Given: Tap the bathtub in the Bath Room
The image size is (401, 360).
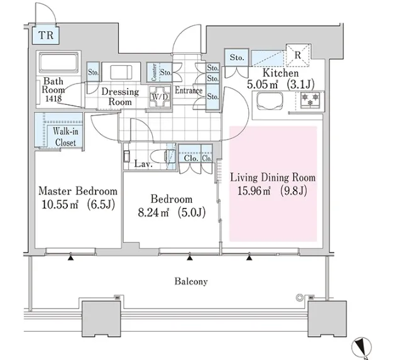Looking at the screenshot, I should [x=58, y=64].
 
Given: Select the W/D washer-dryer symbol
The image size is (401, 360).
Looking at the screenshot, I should [x=157, y=97].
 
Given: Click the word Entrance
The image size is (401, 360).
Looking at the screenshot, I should [x=189, y=91].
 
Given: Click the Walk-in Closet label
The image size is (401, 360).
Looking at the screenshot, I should [x=65, y=137].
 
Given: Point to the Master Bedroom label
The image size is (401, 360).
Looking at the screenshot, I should [x=78, y=191].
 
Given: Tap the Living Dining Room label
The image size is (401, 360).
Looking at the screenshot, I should [x=272, y=177].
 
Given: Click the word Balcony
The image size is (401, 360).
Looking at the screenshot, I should [x=191, y=281].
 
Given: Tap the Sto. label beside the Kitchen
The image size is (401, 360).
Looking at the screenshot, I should [x=237, y=58].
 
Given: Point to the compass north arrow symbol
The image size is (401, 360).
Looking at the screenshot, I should [x=362, y=344].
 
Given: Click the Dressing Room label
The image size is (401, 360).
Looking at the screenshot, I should [x=120, y=97].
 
